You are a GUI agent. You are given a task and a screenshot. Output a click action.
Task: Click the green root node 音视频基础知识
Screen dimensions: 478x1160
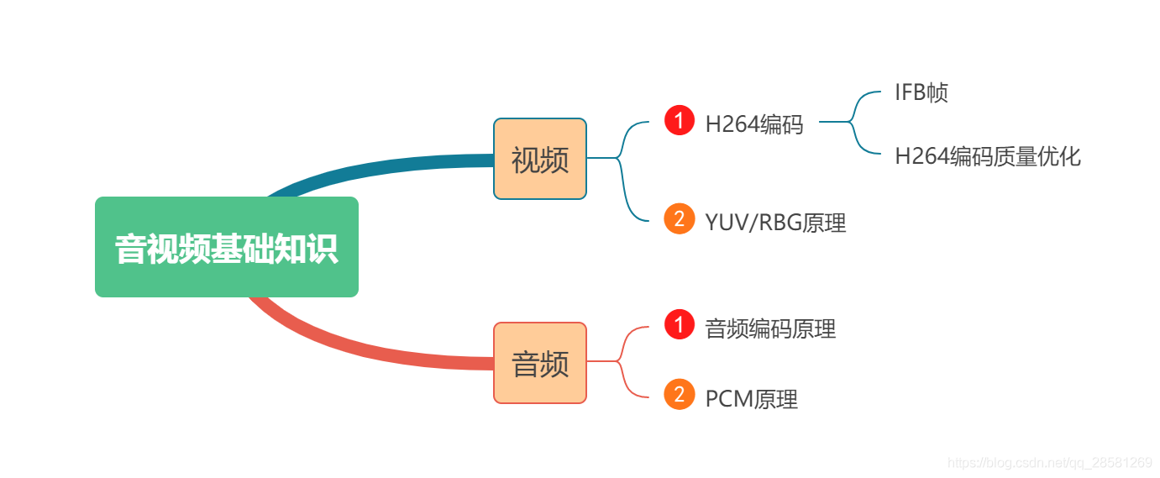coord(226,247)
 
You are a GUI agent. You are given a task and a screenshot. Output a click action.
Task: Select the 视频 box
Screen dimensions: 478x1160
coord(539,159)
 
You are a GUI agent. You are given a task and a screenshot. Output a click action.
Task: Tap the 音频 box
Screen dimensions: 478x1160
coord(539,363)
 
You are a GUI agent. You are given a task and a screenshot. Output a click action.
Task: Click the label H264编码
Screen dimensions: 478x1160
coord(753,125)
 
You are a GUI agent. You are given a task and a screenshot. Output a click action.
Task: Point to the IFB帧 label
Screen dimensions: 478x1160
coord(921,92)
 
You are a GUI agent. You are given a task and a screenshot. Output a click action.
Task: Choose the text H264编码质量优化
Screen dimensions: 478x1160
coord(987,156)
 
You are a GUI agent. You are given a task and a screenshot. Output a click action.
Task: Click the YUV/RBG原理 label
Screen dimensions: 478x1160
coord(774,223)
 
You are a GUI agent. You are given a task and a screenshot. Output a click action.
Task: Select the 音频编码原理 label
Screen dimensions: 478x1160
coord(769,328)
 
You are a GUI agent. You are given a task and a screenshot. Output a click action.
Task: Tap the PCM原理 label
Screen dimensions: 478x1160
coord(751,399)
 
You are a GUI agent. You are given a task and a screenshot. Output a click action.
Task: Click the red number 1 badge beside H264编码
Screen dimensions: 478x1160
coord(679,121)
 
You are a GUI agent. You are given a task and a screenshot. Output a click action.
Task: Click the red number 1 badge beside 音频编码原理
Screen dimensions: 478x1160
coord(679,324)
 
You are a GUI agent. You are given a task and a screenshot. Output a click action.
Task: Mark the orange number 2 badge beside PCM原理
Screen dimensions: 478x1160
coord(679,394)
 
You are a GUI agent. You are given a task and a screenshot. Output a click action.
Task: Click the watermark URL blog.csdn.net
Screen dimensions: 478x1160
coord(1049,463)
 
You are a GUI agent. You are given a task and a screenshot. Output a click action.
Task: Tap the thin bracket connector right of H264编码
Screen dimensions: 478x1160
coord(852,123)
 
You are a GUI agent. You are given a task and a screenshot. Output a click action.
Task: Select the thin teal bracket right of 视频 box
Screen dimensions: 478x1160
coord(622,168)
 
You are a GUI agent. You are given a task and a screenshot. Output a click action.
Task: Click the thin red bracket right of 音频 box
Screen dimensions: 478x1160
coord(622,361)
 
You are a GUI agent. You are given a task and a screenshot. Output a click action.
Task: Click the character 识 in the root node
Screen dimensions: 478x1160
coord(323,249)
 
